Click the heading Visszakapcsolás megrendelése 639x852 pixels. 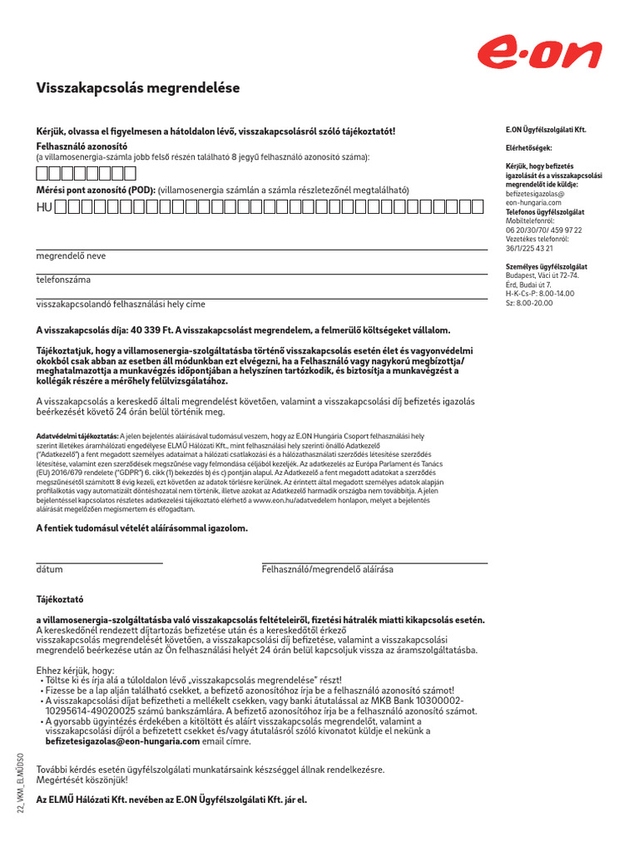click(x=137, y=87)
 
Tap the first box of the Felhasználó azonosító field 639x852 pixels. click(x=42, y=173)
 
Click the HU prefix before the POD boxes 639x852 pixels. click(x=44, y=206)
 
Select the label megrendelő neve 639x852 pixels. click(x=71, y=255)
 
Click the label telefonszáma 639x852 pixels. click(x=63, y=280)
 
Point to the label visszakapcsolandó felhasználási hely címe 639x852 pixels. click(x=120, y=305)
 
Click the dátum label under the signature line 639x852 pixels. click(x=49, y=570)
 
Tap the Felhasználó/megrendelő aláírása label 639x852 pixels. click(x=328, y=570)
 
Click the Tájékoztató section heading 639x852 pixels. click(x=60, y=598)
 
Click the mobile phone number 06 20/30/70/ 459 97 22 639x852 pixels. click(x=544, y=230)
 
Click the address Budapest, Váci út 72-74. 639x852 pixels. click(x=542, y=275)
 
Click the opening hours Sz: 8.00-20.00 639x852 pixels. click(x=529, y=303)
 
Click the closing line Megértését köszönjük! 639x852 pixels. click(x=82, y=780)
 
